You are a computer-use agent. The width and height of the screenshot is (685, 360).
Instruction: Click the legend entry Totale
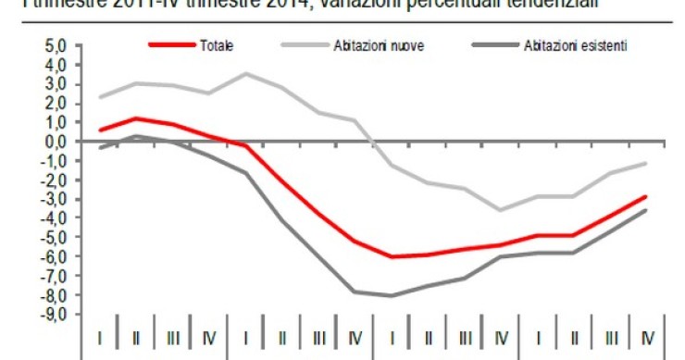[216, 45]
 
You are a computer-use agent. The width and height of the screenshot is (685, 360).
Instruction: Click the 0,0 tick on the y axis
[56, 142]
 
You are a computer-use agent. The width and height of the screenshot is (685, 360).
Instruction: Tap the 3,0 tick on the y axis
[56, 84]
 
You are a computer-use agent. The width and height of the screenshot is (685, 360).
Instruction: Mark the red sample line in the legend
[171, 45]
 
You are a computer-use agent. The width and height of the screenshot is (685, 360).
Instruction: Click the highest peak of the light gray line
[244, 73]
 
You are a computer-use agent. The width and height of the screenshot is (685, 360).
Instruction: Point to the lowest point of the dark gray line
[391, 296]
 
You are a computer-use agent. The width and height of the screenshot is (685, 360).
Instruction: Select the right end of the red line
[645, 196]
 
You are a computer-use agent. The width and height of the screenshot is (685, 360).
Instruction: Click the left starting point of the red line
[99, 130]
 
